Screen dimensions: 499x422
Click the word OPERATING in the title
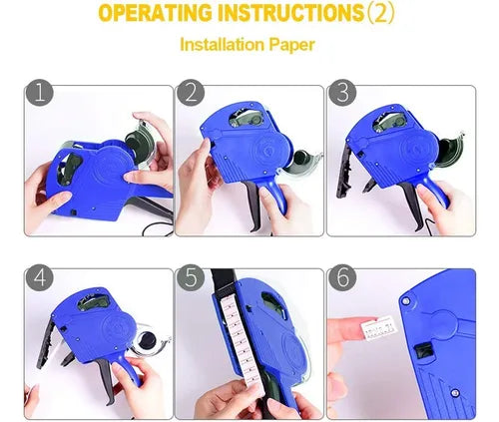pyautogui.click(x=156, y=14)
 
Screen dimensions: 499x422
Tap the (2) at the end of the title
pyautogui.click(x=379, y=14)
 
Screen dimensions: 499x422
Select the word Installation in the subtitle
pyautogui.click(x=222, y=45)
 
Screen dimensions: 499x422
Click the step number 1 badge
pyautogui.click(x=40, y=93)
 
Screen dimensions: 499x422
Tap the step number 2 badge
pyautogui.click(x=191, y=93)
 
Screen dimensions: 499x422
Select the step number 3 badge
pyautogui.click(x=342, y=93)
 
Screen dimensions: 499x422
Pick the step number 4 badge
pyautogui.click(x=40, y=277)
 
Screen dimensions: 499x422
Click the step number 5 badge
pyautogui.click(x=191, y=277)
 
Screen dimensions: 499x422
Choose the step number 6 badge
pyautogui.click(x=342, y=277)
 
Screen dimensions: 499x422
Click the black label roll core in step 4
pyautogui.click(x=147, y=340)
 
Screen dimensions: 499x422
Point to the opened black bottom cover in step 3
pyautogui.click(x=344, y=172)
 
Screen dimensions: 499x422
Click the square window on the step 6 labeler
pyautogui.click(x=423, y=351)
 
